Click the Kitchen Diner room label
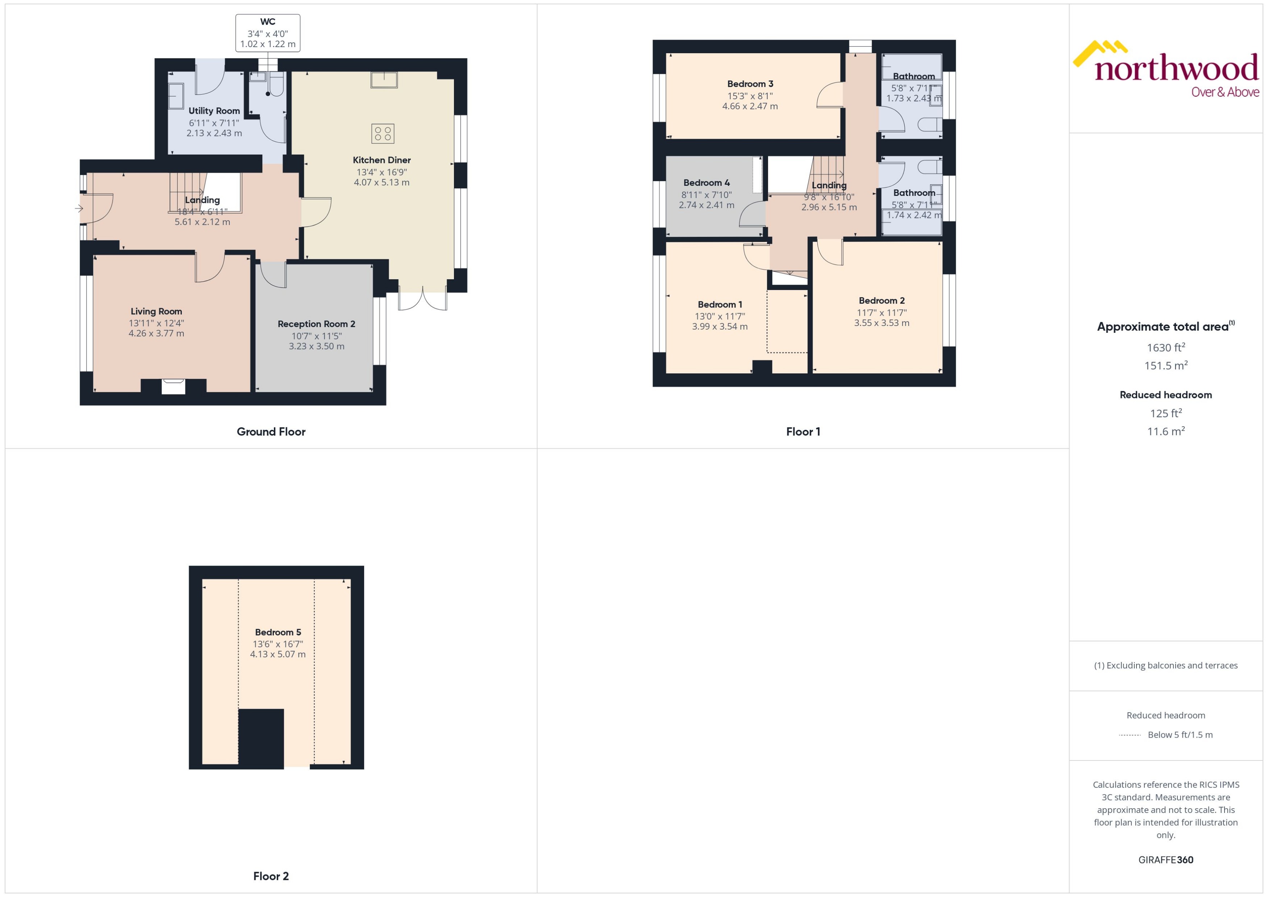tap(381, 160)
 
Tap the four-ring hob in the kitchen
tap(382, 133)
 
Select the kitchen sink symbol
tap(383, 80)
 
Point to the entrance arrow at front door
tap(79, 208)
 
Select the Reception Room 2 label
tap(316, 324)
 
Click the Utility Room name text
tap(214, 111)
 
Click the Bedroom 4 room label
tap(706, 183)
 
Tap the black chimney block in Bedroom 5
tap(261, 738)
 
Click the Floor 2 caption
tap(271, 876)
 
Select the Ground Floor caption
tap(271, 432)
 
